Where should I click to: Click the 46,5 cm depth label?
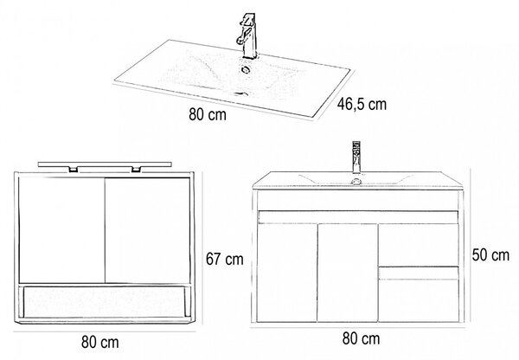point(362,105)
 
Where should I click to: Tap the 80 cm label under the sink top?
point(208,114)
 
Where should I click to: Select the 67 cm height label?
point(224,259)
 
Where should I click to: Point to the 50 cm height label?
point(490,255)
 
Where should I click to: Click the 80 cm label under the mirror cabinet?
point(100,342)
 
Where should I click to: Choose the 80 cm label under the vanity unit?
point(361,338)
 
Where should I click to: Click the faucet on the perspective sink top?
point(247,36)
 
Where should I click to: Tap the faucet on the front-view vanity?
point(356,157)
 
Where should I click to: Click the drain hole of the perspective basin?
point(246,69)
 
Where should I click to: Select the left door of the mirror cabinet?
point(62,230)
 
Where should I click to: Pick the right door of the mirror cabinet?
point(148,230)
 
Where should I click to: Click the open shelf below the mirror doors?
point(105,302)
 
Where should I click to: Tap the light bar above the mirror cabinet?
point(105,164)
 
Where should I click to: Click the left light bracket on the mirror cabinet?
point(74,170)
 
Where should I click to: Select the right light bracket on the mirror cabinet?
point(136,170)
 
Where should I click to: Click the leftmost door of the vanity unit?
point(287,273)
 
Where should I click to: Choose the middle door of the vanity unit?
point(348,273)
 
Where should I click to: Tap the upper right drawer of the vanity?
point(419,245)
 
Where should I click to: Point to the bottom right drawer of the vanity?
point(419,294)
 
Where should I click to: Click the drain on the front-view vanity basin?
point(356,181)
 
